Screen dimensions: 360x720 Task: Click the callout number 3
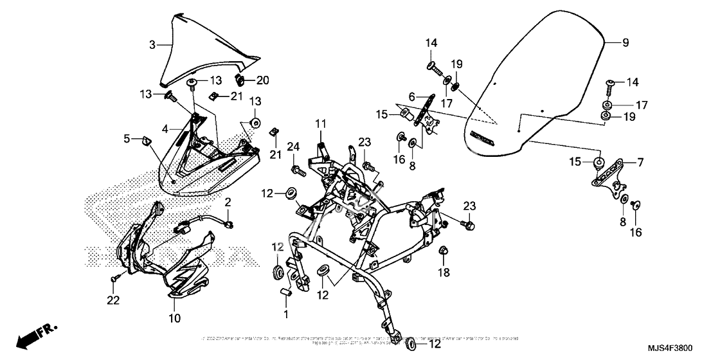point(152,45)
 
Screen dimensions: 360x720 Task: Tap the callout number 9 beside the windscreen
point(625,42)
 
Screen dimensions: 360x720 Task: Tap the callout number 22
point(113,300)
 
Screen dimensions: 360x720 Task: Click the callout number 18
point(444,273)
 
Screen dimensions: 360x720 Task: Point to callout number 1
point(287,314)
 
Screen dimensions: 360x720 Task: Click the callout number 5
point(127,138)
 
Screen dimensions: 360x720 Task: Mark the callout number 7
point(640,163)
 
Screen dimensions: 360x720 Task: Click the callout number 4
point(165,129)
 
